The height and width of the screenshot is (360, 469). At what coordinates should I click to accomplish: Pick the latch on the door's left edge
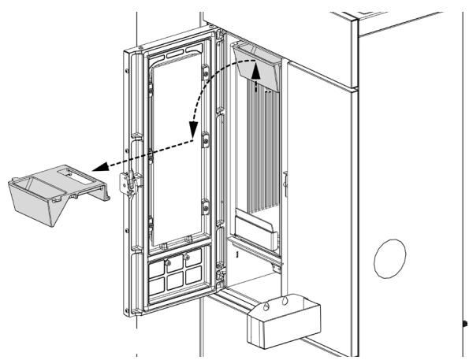click(x=127, y=183)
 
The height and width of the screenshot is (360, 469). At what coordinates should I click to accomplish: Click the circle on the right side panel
click(x=389, y=258)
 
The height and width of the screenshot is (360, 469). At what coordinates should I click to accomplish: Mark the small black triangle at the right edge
click(x=465, y=321)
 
